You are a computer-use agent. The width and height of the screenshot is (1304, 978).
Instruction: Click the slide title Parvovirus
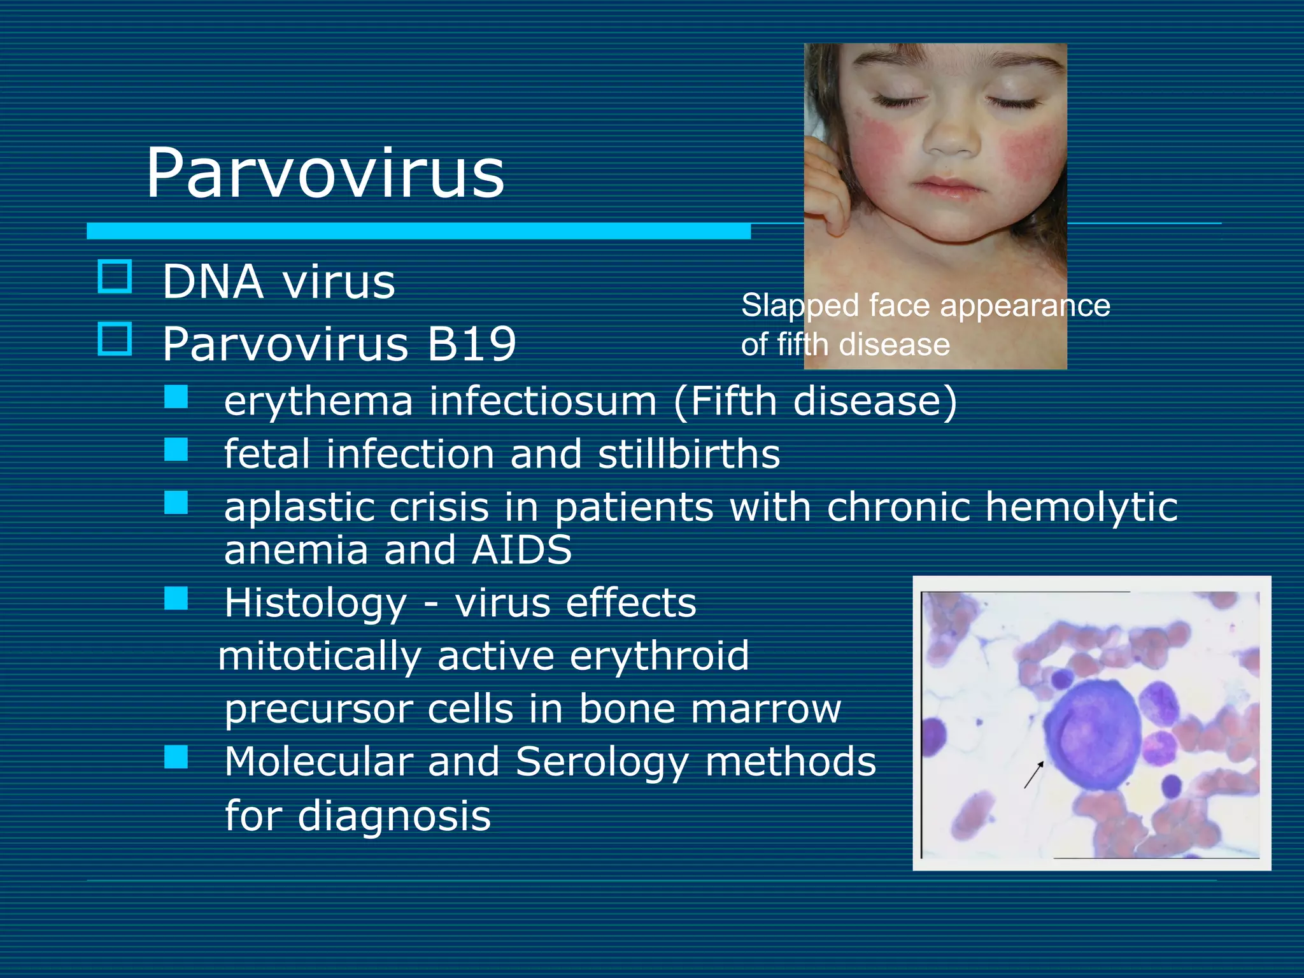(325, 173)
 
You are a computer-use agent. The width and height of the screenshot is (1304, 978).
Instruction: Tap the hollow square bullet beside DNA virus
(115, 276)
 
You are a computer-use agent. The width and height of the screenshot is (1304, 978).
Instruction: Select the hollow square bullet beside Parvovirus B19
(115, 339)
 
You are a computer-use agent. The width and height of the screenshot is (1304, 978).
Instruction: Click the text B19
(471, 344)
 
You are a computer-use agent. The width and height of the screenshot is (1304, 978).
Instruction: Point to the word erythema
(318, 402)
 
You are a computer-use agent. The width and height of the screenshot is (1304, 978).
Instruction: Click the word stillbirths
(689, 454)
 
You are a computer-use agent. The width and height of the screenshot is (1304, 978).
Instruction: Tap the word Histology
(315, 604)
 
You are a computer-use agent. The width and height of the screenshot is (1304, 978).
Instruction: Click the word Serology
(602, 762)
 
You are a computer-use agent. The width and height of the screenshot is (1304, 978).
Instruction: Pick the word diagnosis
(394, 816)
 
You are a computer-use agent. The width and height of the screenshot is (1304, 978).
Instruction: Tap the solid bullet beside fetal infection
(176, 450)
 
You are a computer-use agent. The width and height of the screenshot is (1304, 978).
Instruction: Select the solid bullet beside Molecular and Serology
(176, 758)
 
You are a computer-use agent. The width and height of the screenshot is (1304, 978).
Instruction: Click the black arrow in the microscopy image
(1033, 774)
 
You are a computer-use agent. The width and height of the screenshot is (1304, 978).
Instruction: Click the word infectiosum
(543, 402)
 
